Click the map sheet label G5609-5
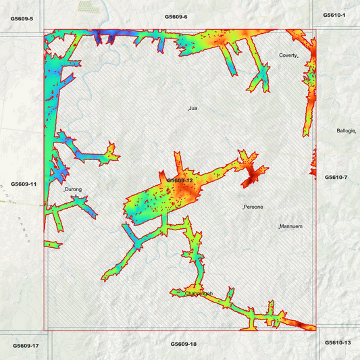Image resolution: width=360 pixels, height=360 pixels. (x=22, y=18)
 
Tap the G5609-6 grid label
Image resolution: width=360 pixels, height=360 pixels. (x=176, y=16)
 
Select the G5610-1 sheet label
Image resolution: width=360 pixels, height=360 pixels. (x=334, y=15)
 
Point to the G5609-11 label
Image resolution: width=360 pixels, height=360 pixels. (x=23, y=184)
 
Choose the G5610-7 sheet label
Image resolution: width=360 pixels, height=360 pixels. (x=336, y=177)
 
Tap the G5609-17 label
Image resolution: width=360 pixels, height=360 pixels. (x=26, y=346)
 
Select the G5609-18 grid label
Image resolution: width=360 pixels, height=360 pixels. (x=183, y=344)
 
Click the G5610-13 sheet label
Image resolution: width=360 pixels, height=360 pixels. (x=338, y=342)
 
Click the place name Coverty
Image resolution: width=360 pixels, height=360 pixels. (x=288, y=55)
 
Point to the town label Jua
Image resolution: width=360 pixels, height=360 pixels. (x=193, y=108)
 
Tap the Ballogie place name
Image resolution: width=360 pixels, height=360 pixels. (x=345, y=130)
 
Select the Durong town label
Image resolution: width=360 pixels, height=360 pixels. (x=73, y=190)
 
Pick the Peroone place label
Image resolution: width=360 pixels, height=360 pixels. (x=253, y=206)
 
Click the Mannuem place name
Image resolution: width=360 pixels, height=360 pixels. (x=292, y=226)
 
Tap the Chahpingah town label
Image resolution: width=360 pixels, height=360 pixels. (x=199, y=293)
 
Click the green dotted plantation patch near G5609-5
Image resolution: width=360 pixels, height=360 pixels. (x=86, y=6)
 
